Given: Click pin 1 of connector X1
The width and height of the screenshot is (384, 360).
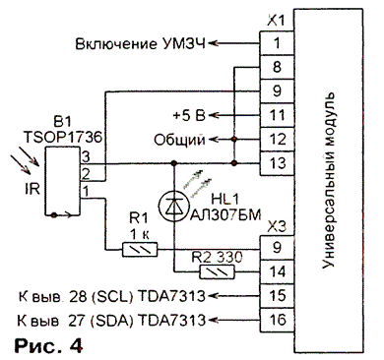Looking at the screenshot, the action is point(277,43).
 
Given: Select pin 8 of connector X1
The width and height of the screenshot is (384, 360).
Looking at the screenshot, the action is point(277,67).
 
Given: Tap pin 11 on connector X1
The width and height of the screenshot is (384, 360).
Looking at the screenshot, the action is point(277,115).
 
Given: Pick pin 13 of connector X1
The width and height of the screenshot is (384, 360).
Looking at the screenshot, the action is point(277,163).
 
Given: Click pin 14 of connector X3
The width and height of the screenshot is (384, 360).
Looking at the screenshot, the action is point(277,271).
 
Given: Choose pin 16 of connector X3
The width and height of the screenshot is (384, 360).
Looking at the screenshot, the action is point(277,320).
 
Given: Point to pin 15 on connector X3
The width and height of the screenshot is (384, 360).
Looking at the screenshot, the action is point(277,296).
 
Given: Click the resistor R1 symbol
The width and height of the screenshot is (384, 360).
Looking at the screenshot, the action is point(140,250).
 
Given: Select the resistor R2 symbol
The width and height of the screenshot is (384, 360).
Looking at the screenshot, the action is point(218,271).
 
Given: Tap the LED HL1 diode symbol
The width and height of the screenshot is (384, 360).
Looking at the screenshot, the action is point(174,206).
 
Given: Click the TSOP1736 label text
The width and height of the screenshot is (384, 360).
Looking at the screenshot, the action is point(62,138).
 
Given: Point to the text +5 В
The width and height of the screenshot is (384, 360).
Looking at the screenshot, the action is point(189,115).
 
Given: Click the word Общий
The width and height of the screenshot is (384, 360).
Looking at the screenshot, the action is point(179,140).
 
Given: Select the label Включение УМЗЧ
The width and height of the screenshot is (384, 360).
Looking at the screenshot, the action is point(141,43).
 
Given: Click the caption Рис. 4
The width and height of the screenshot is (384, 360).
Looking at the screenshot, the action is point(48,345).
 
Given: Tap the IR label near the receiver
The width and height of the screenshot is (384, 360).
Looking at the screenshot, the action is point(32,189).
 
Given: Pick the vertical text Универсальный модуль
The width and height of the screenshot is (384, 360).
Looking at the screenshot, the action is point(329,181).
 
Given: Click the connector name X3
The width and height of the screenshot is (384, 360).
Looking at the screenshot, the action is point(277,226).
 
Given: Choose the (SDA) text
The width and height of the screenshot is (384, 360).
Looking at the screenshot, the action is point(111,321).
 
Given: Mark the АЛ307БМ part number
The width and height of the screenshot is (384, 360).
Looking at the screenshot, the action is point(225,215).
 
